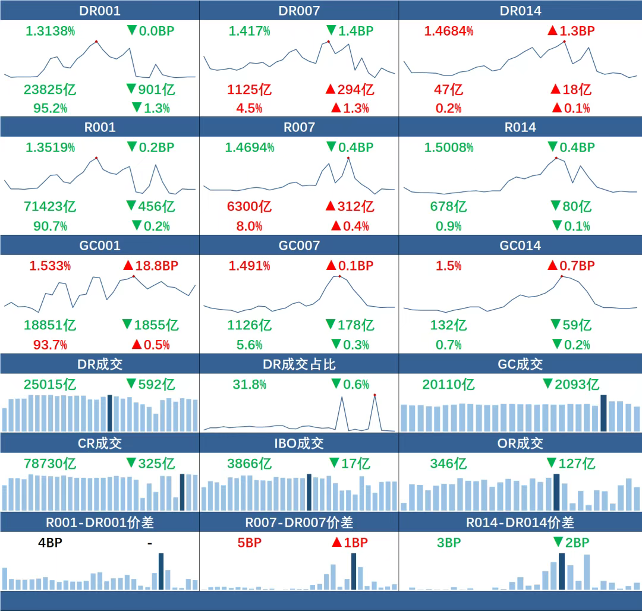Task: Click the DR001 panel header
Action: point(100,11)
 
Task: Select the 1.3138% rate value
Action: point(51,31)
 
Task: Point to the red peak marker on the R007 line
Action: point(348,158)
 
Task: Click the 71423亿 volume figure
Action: point(50,206)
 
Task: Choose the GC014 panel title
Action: point(520,245)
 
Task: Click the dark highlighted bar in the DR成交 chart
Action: point(109,413)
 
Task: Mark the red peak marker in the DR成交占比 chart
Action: point(375,395)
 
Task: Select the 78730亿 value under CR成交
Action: point(50,464)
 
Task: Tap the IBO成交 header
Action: point(299,443)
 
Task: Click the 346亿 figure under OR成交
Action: point(449,464)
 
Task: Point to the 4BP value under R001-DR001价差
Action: point(50,542)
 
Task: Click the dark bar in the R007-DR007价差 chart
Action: point(354,571)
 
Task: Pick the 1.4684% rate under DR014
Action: point(449,31)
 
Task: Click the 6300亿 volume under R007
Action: point(249,206)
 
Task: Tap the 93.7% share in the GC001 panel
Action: point(45,345)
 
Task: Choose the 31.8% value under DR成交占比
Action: point(249,385)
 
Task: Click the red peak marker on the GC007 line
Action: point(339,276)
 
